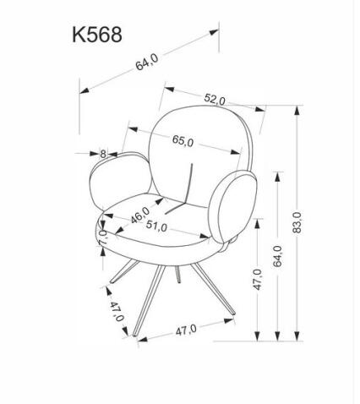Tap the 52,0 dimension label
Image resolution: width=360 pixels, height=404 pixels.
[215, 100]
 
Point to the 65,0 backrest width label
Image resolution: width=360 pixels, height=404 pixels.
[183, 141]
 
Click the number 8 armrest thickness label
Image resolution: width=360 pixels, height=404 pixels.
[103, 154]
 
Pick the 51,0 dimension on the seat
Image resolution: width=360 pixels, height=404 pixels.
[156, 227]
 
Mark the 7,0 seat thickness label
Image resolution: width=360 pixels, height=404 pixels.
[102, 237]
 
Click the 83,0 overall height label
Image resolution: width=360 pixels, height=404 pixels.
[297, 222]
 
